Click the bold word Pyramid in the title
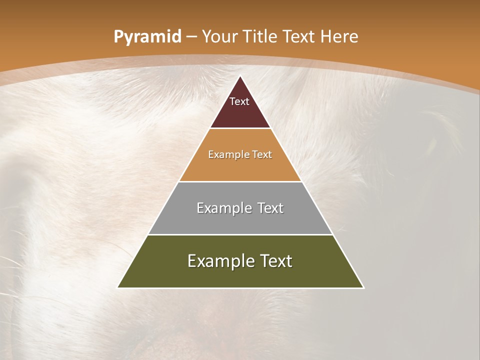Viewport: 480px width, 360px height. click(147, 36)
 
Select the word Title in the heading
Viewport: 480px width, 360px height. click(261, 36)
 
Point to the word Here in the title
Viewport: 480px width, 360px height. click(339, 36)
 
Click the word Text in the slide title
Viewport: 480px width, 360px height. click(300, 36)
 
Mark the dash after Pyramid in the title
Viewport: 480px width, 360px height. click(191, 37)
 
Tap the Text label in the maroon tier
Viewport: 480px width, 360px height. click(239, 101)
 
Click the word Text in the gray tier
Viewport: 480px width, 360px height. click(270, 208)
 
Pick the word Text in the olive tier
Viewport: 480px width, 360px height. click(275, 261)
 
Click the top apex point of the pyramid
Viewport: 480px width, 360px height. click(240, 76)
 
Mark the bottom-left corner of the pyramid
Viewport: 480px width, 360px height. click(118, 287)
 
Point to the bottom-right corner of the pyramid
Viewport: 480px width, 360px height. click(363, 287)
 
